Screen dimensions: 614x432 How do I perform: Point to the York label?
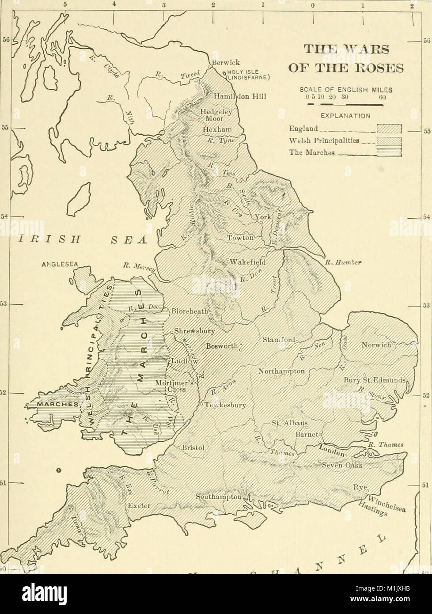click(x=261, y=217)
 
